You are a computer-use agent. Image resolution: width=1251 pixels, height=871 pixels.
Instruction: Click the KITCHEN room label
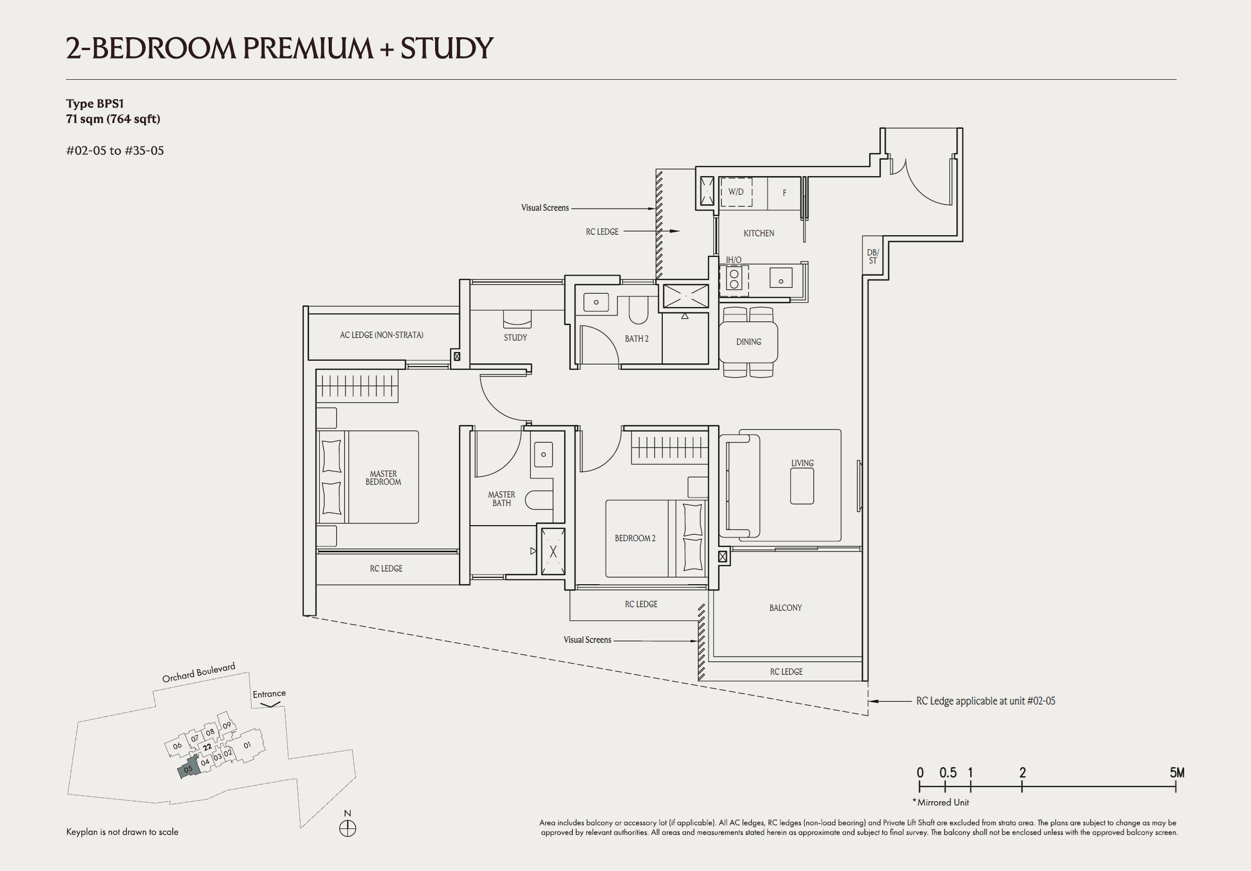pos(758,233)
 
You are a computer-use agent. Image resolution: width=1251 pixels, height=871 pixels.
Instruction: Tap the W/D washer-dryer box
pos(736,192)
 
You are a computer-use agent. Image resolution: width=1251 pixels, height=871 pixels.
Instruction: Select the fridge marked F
pos(784,193)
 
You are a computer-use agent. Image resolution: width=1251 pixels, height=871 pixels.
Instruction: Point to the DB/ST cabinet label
pos(872,256)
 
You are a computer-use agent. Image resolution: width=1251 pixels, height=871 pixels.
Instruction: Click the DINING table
pos(748,342)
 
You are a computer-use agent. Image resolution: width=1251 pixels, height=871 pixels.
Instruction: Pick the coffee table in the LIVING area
pos(802,486)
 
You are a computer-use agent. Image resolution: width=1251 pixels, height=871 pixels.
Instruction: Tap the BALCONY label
pos(785,608)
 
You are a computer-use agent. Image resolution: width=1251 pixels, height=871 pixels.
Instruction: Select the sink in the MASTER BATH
pos(543,454)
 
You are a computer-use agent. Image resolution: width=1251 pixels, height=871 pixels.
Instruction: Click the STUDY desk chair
pos(516,319)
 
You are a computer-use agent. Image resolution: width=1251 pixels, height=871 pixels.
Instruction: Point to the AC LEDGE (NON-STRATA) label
pos(381,335)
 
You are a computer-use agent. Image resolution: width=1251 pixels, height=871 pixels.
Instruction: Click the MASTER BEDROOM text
pos(383,478)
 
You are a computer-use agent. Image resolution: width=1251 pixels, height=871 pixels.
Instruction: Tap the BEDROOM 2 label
pos(635,538)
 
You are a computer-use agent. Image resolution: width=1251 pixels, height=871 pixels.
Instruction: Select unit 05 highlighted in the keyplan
pos(187,769)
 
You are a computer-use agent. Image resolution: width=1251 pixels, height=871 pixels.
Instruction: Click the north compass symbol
pos(348,828)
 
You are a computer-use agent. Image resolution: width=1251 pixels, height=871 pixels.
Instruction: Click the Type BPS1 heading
pos(95,104)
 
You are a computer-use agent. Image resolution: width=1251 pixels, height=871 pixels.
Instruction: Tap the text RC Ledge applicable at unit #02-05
pos(985,701)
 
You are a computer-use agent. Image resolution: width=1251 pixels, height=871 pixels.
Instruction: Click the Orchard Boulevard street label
pos(199,673)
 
